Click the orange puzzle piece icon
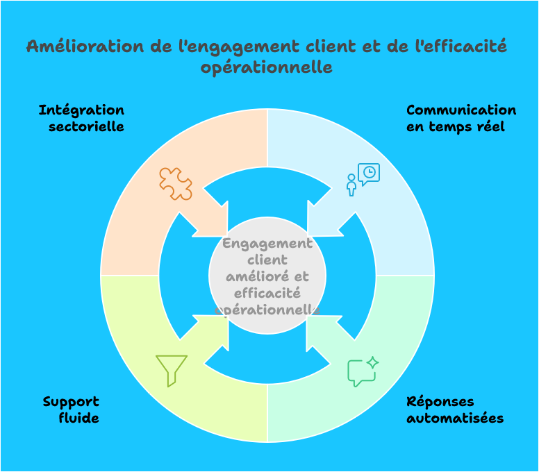176,184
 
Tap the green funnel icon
172,370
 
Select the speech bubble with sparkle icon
363,371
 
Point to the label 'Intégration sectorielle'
82,119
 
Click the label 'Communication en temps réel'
461,119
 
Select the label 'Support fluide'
72,410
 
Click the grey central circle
267,276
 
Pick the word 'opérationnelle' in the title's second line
267,67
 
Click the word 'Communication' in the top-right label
461,110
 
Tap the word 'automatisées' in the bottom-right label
454,418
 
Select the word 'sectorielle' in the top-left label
86,127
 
